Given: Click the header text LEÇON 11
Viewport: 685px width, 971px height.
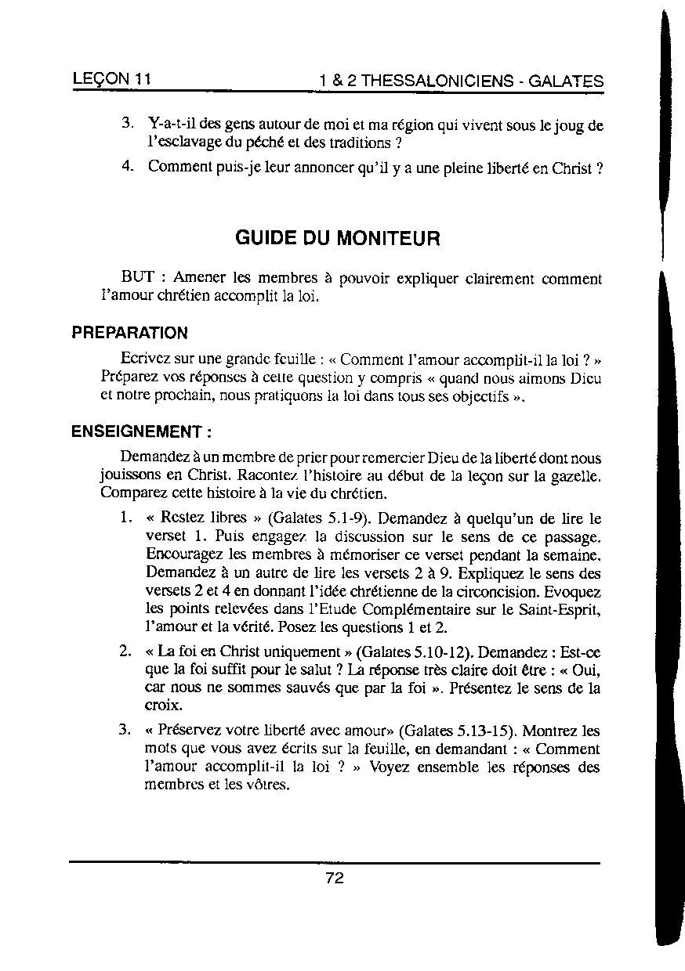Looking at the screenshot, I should point(111,80).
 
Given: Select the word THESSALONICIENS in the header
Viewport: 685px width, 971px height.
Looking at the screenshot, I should point(435,81).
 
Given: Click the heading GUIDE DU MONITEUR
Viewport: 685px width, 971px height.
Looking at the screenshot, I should point(338,238).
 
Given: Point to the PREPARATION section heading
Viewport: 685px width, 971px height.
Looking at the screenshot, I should point(129,334).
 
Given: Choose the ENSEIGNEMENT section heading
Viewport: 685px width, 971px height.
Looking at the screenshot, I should point(141,432).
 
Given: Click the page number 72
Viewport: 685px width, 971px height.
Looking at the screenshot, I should point(335,878).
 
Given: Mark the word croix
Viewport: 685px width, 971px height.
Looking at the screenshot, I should point(163,706).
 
